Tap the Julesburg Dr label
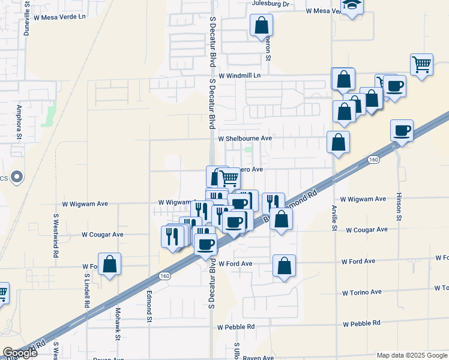pos(271,4)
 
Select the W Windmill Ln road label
pos(240,76)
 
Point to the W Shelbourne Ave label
pos(245,138)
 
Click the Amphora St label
pos(19,122)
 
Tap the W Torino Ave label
pos(361,293)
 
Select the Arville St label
pos(334,218)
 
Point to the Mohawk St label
pos(118,320)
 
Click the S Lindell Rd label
pos(86,292)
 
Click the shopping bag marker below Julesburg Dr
pos(261,26)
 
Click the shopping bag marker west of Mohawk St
pos(109,264)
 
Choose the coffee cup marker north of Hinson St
pos(402,130)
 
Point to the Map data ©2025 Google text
pos(411,355)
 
